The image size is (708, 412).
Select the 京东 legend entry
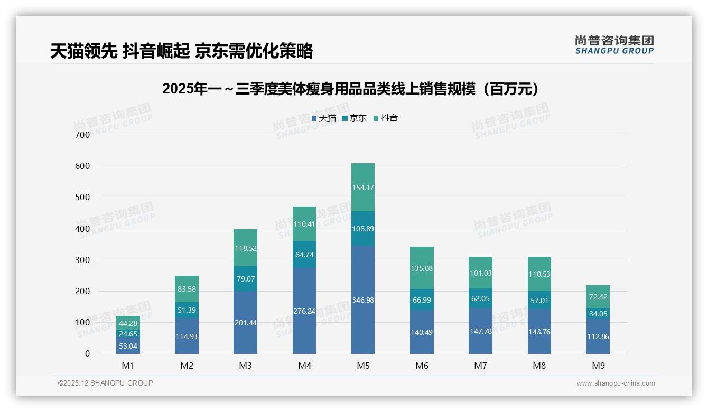point(354,118)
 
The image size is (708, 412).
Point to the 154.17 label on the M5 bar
point(362,188)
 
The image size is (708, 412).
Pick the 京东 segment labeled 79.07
point(245,278)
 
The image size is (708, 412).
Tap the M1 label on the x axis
point(128,366)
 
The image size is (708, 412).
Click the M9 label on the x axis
point(598,366)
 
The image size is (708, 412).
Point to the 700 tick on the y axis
point(82,135)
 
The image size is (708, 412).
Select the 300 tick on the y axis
point(82,260)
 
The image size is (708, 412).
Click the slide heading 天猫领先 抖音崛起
point(181,51)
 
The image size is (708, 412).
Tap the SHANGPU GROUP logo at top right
point(614,45)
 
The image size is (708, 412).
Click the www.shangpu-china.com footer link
point(616,383)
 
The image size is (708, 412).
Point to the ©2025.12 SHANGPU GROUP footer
point(106,383)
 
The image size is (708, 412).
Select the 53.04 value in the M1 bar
point(128,346)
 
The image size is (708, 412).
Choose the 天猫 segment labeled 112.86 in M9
point(598,336)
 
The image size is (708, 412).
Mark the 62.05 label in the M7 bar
point(480,298)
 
